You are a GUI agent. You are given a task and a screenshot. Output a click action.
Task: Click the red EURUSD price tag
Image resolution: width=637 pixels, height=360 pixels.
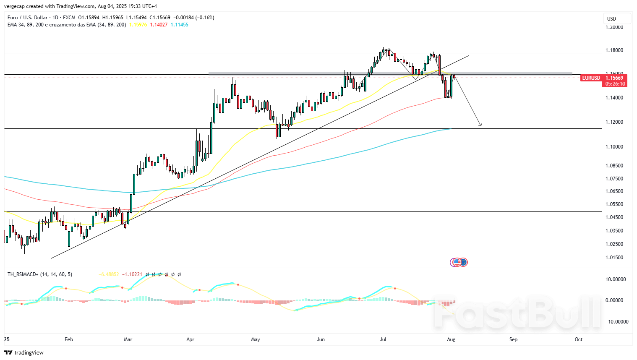[x=591, y=78]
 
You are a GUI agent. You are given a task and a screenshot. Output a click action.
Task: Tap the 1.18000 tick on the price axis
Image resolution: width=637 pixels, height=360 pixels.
[x=614, y=50]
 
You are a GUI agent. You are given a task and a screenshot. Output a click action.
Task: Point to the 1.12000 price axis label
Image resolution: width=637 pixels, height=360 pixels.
[x=614, y=122]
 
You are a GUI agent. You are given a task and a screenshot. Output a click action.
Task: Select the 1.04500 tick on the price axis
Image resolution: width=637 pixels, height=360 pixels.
[x=614, y=217]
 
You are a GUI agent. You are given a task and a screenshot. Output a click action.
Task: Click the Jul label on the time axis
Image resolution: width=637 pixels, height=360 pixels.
[x=383, y=339]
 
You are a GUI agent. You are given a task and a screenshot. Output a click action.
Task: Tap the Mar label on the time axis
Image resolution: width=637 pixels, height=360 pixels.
[x=128, y=339]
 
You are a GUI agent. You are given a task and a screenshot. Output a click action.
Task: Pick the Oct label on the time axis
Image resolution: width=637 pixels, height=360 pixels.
[x=579, y=339]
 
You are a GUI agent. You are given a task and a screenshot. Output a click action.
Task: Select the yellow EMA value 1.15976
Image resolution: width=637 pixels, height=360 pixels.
[x=138, y=25]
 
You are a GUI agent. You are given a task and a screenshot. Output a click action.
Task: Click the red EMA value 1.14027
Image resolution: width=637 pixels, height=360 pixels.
[x=159, y=25]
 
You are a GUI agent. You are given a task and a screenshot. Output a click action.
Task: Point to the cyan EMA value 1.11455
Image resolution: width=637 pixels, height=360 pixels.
[x=180, y=25]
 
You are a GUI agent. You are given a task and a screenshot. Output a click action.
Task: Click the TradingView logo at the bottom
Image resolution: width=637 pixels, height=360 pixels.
[x=24, y=352]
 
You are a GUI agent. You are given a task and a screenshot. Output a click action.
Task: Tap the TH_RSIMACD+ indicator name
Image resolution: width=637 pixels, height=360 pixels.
[x=23, y=274]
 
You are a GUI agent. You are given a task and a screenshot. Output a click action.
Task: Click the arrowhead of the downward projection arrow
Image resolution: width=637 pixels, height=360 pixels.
[x=481, y=125]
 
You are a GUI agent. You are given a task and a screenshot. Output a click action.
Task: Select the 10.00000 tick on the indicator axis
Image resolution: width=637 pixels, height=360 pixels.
[x=616, y=279]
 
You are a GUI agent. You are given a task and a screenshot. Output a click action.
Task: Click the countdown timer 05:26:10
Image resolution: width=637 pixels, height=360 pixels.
[x=615, y=84]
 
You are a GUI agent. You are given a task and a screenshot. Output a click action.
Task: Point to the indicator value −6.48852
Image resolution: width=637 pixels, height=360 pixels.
[x=108, y=274]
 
